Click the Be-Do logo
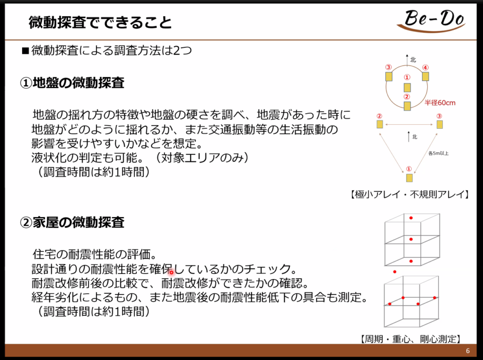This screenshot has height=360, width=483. [x=431, y=20]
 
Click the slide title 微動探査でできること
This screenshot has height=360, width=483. [x=100, y=23]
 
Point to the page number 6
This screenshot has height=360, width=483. [x=468, y=351]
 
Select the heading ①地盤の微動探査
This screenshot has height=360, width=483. [x=72, y=82]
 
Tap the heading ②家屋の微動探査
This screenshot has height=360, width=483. [x=72, y=222]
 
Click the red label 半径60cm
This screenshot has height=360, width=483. [x=440, y=103]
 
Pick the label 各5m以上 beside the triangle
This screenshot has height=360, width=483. [x=438, y=153]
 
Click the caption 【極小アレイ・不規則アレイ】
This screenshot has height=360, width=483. [x=410, y=194]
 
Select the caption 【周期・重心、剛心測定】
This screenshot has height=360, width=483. [x=411, y=339]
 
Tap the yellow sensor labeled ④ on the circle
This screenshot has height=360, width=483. [x=426, y=76]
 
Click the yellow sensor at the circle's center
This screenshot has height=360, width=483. [x=407, y=87]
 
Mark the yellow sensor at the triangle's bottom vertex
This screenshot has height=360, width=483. [x=409, y=177]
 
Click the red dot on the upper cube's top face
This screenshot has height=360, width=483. [x=411, y=218]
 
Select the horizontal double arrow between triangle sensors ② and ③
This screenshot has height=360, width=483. [x=410, y=124]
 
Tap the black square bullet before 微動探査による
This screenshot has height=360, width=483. [x=25, y=50]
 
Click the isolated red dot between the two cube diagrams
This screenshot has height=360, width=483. [x=394, y=272]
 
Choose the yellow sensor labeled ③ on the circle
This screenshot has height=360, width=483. [x=389, y=76]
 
